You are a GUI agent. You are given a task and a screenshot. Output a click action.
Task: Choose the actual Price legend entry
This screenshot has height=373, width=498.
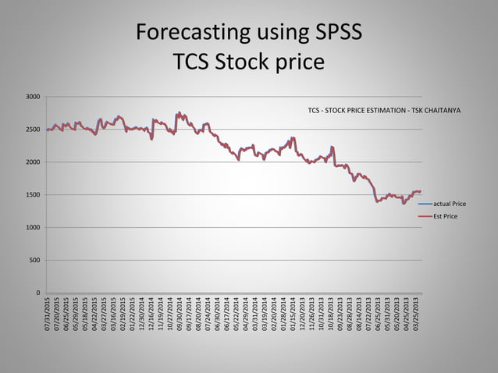tap(450, 203)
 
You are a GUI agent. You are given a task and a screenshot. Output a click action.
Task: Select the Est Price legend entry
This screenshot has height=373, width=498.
tap(445, 215)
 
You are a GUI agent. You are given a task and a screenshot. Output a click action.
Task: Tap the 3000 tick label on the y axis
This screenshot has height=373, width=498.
tap(34, 97)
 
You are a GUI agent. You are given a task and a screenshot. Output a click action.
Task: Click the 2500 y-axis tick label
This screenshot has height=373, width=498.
tap(34, 130)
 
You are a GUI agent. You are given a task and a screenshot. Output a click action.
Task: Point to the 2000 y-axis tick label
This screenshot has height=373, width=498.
tap(34, 162)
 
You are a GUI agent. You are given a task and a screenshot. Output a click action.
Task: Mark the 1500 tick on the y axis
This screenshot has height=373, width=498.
tap(34, 195)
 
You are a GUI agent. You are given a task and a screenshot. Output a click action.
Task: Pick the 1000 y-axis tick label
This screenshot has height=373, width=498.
tap(34, 228)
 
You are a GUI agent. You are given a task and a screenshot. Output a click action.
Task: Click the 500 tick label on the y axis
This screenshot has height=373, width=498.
tap(36, 261)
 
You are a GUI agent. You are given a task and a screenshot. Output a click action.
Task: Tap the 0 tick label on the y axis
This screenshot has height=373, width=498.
tap(38, 293)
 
